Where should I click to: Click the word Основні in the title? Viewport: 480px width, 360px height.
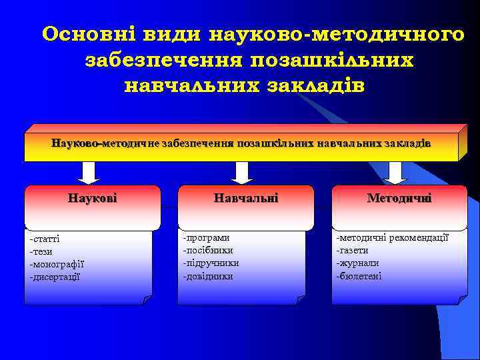[87, 33]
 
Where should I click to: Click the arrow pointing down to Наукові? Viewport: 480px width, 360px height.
[89, 173]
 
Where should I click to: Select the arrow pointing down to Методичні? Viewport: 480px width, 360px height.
[395, 173]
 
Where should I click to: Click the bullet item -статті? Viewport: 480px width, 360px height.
[45, 239]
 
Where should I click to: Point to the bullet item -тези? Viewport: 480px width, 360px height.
[41, 251]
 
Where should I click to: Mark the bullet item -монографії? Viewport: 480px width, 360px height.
[57, 264]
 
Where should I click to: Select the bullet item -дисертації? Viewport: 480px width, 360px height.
[55, 276]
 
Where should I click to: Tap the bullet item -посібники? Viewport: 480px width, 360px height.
[209, 250]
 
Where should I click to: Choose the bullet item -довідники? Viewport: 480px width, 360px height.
[208, 275]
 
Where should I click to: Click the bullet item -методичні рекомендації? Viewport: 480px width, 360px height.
[393, 237]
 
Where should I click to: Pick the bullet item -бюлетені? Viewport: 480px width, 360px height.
[359, 275]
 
